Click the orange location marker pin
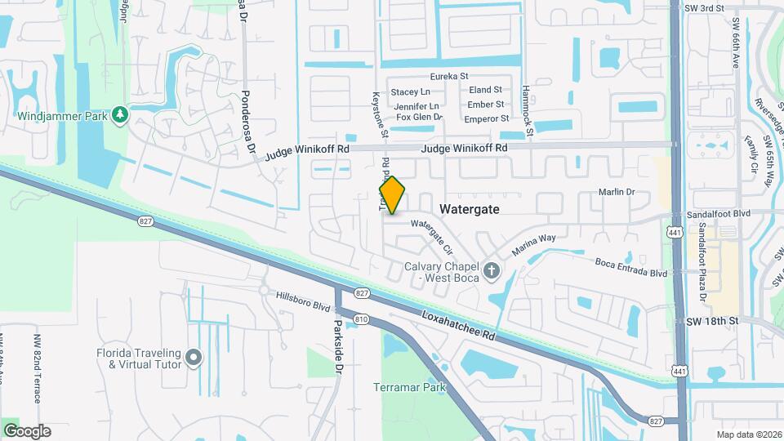point(392,195)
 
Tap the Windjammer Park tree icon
point(121,114)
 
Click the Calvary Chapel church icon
point(490,270)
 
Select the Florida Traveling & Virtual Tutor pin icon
point(194,357)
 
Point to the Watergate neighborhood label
point(469,209)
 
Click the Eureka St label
point(450,76)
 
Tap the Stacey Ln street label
point(410,92)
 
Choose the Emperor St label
point(486,119)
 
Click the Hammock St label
point(528,109)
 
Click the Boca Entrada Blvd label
point(630,267)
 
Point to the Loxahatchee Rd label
point(459,324)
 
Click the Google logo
point(27,431)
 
